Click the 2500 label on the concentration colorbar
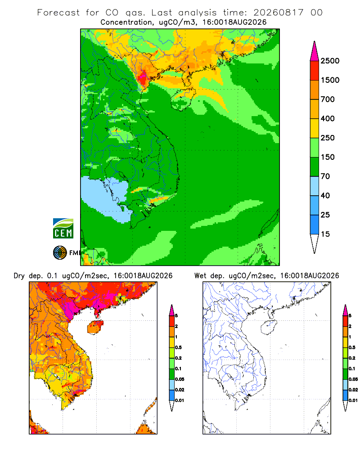(x=330, y=61)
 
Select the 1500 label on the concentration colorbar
(x=330, y=80)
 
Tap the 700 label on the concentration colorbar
(x=328, y=99)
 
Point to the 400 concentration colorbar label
(x=328, y=118)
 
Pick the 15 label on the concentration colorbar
(x=325, y=234)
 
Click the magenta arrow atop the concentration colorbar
(x=315, y=52)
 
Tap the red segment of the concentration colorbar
(x=315, y=71)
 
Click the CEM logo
(x=63, y=229)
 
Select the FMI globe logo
(x=60, y=253)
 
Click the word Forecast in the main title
(x=58, y=13)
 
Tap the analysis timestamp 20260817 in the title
(x=278, y=13)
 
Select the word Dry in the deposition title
(x=19, y=276)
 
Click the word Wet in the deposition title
(x=200, y=276)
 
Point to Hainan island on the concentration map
(x=183, y=99)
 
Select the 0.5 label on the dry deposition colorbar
(x=178, y=347)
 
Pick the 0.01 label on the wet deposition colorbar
(x=353, y=400)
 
